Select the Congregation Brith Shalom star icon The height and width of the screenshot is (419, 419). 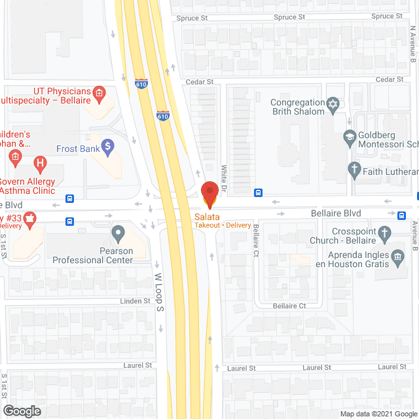pos(333,104)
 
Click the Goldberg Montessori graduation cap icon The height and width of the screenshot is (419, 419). pos(350,137)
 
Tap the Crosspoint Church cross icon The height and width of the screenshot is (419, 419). pos(384,232)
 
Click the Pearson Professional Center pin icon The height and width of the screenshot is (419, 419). pos(118,232)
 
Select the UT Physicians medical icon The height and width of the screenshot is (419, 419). pos(99,94)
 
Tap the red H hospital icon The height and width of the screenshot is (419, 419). pos(41,162)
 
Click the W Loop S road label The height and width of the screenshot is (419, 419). pos(158,292)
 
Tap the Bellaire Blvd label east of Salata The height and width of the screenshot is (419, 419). pos(335,214)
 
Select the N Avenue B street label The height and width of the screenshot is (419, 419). pos(413,45)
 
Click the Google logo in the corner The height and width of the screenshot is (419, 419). pos(21,410)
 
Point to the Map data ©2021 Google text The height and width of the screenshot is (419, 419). pos(377,414)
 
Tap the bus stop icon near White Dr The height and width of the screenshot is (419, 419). pos(259,192)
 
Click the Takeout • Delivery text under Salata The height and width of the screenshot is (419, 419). pos(223,225)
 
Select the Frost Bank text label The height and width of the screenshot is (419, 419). pos(78,149)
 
